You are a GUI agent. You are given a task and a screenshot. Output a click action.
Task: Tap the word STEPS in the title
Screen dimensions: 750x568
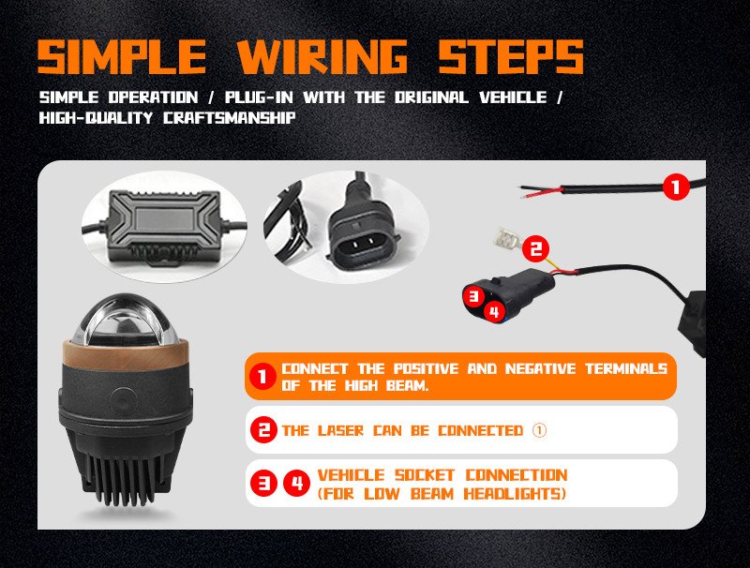(511, 56)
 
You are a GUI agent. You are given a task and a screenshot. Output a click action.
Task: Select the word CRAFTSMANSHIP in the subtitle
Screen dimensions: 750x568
(229, 117)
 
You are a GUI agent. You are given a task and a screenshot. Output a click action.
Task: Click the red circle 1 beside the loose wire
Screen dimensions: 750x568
(676, 187)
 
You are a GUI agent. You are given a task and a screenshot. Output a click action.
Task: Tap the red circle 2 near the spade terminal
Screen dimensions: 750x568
(535, 248)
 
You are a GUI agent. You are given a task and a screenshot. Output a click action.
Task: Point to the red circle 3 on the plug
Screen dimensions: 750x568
(473, 296)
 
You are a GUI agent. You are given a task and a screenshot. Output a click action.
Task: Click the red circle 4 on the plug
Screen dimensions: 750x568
(495, 312)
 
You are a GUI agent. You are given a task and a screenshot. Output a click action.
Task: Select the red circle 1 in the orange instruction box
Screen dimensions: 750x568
(262, 376)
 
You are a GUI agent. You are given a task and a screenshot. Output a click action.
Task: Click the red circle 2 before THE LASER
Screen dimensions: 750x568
(263, 430)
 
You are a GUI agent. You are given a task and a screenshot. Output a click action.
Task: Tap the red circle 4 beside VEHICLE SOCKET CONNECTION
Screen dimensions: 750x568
(296, 484)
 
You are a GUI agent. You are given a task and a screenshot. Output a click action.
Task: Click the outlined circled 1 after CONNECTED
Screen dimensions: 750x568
(539, 430)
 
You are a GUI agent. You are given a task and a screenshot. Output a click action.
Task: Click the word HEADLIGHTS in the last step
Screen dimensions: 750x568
(515, 493)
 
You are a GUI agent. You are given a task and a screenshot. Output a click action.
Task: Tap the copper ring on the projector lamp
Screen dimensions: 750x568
(126, 353)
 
